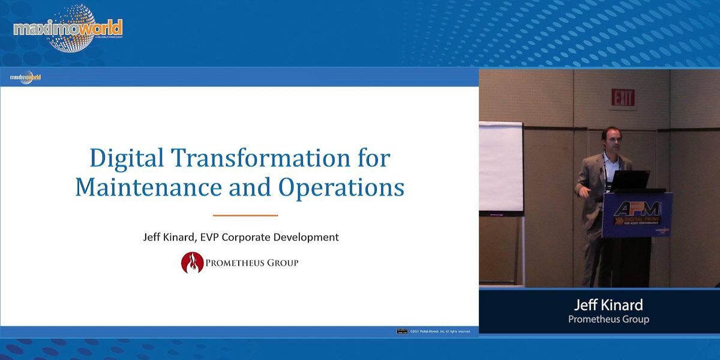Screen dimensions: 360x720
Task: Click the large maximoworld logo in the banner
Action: tap(68, 28)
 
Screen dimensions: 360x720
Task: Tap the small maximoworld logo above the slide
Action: tap(26, 77)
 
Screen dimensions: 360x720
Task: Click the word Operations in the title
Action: tap(341, 187)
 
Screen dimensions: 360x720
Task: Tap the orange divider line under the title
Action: tap(245, 215)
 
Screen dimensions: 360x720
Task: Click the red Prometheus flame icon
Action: tap(193, 263)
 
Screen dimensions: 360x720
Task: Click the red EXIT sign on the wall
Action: tap(623, 98)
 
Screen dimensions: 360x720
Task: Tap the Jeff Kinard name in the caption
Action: tap(608, 304)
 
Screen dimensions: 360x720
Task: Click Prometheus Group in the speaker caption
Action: tap(608, 319)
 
